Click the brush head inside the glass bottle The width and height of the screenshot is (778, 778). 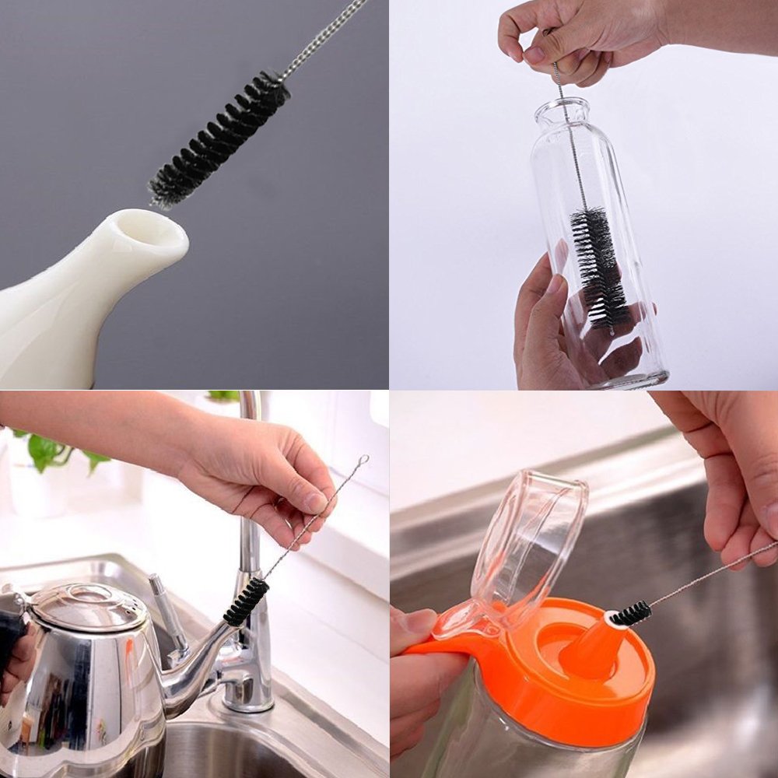(x=598, y=265)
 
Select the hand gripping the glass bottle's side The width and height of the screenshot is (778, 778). (x=545, y=327)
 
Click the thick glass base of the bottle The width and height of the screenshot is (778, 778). (x=630, y=379)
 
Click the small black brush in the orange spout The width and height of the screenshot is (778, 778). (x=630, y=614)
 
